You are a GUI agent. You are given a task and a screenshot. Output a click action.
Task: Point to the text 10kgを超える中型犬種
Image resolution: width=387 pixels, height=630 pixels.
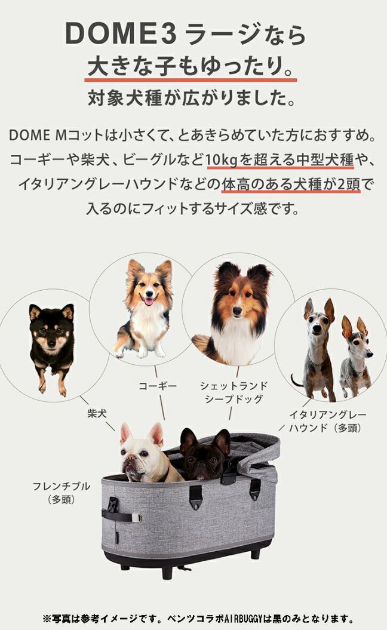tap(279, 160)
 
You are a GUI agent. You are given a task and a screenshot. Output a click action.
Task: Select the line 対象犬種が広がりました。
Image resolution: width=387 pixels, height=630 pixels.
tap(191, 97)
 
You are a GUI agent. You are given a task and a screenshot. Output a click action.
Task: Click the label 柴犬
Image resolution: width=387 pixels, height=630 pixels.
tap(97, 413)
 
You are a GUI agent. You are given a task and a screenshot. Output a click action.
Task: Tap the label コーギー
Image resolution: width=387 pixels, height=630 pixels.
tap(158, 386)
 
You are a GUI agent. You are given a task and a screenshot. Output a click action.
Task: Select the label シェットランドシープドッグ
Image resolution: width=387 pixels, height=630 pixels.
tap(234, 392)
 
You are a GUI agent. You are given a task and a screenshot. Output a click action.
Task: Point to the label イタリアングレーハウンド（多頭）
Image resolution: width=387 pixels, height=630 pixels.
tap(327, 421)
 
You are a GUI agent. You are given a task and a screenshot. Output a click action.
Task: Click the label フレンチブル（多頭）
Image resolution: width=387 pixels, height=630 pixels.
tap(62, 493)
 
